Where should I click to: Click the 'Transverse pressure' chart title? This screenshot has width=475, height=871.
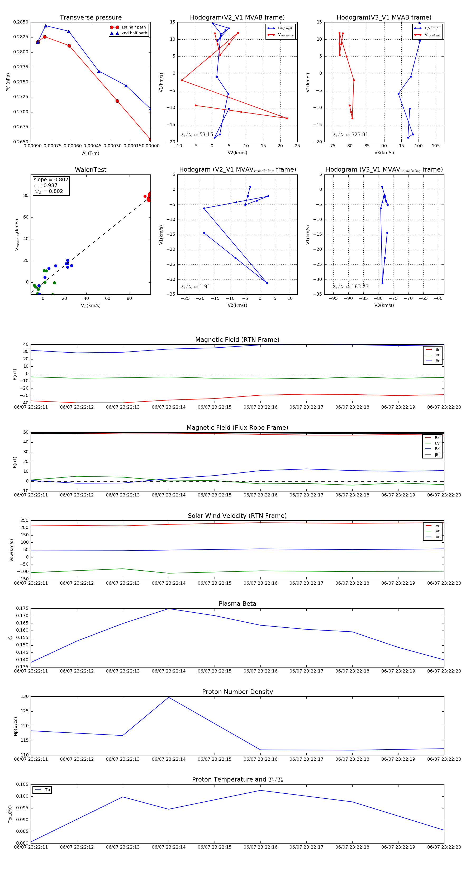click(91, 18)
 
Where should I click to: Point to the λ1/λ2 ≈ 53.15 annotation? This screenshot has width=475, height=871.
click(197, 135)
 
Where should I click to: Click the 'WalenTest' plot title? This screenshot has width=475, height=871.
click(91, 170)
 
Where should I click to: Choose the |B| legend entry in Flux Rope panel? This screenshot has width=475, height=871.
click(437, 455)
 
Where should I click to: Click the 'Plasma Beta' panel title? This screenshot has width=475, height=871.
click(237, 604)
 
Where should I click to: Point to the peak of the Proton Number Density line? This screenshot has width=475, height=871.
click(169, 698)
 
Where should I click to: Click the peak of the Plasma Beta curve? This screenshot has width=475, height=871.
click(169, 609)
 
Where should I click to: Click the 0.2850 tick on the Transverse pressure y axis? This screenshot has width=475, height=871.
click(21, 22)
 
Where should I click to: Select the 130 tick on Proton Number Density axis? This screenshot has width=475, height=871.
click(25, 697)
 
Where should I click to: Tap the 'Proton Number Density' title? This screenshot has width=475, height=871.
click(237, 692)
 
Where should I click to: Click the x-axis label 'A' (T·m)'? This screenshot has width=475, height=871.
click(91, 153)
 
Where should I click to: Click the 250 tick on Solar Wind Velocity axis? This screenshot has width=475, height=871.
click(24, 520)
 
